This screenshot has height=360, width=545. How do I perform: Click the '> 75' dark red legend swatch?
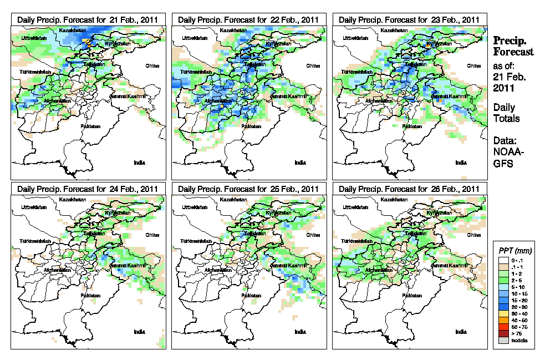click(501, 333)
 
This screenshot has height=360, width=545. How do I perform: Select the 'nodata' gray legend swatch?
click(501, 340)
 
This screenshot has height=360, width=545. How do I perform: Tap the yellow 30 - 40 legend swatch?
click(501, 313)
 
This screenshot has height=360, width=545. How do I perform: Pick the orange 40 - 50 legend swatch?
click(501, 320)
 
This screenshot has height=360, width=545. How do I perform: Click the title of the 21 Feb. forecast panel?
click(88, 19)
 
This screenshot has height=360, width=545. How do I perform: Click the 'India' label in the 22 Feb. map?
click(300, 163)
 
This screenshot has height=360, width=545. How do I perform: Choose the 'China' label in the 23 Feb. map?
click(473, 65)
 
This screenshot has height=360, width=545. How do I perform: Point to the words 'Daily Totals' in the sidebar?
click(506, 113)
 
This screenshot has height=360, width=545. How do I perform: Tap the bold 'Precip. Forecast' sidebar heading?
click(513, 47)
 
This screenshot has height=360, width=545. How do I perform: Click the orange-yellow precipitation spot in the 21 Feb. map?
click(87, 42)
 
